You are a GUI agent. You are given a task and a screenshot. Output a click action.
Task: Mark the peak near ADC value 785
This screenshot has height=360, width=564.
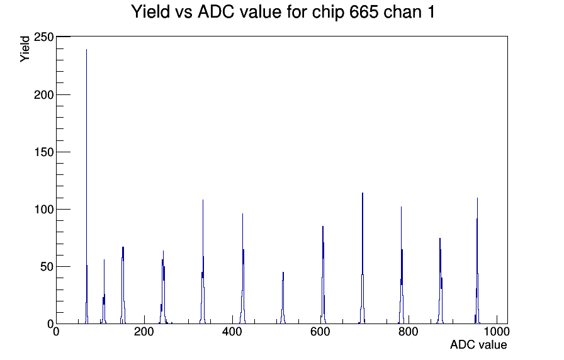coord(401,266)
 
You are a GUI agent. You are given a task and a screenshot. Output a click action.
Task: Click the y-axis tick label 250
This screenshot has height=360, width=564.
coord(43,37)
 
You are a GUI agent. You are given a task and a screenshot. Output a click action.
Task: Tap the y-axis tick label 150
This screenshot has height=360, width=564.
coord(43,152)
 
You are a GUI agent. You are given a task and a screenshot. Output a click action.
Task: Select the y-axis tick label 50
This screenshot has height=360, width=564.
coord(47,266)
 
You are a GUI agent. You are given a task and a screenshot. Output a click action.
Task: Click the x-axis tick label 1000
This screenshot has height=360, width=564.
coord(497,332)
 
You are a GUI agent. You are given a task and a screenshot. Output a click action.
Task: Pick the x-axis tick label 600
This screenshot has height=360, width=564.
coord(320,332)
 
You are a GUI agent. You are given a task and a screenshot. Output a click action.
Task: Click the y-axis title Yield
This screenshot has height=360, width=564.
coord(25,49)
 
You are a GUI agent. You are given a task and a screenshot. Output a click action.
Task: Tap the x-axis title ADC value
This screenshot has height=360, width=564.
coord(478,345)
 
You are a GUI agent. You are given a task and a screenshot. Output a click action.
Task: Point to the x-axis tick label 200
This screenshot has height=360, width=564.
coord(144,332)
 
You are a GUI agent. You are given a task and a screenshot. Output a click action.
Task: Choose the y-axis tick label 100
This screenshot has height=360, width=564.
coord(43,209)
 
